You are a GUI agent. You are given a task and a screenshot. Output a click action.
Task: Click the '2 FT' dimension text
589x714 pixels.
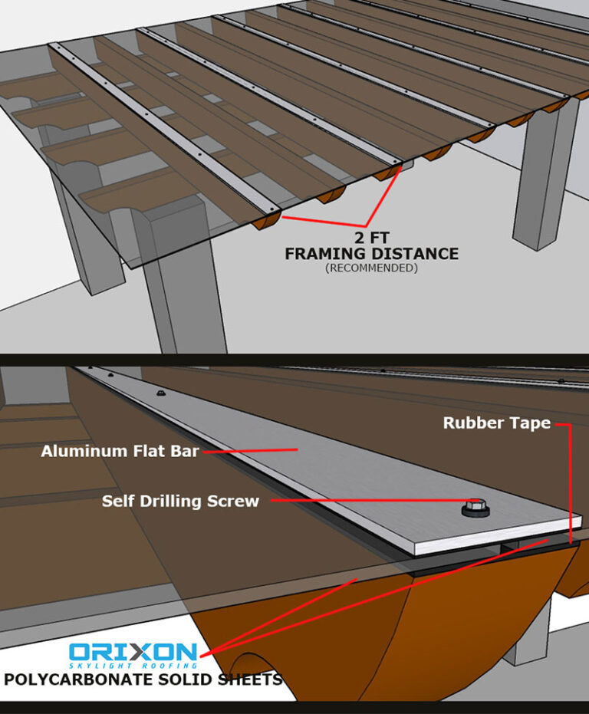coord(372,238)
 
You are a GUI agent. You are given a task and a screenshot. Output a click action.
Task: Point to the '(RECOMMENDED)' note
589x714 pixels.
coord(371,268)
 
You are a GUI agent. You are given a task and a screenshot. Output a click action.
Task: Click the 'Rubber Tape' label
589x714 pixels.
coord(497,423)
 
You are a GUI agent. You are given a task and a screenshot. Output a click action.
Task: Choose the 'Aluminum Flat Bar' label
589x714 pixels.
coord(120,451)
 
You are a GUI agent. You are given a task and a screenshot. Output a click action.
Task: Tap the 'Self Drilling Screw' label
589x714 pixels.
coord(180,502)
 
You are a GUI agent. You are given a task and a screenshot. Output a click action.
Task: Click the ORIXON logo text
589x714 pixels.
coord(133,652)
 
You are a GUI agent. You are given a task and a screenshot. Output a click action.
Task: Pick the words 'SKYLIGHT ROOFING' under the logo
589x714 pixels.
coord(133,666)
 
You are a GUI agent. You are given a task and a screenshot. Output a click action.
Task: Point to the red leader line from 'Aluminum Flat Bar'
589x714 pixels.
coord(251,450)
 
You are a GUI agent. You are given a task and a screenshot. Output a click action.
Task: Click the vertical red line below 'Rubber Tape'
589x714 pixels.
coord(569,484)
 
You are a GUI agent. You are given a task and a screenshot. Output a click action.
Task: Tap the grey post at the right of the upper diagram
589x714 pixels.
coord(545,173)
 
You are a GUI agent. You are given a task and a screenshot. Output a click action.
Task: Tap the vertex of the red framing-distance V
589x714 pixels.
coord(366,225)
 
